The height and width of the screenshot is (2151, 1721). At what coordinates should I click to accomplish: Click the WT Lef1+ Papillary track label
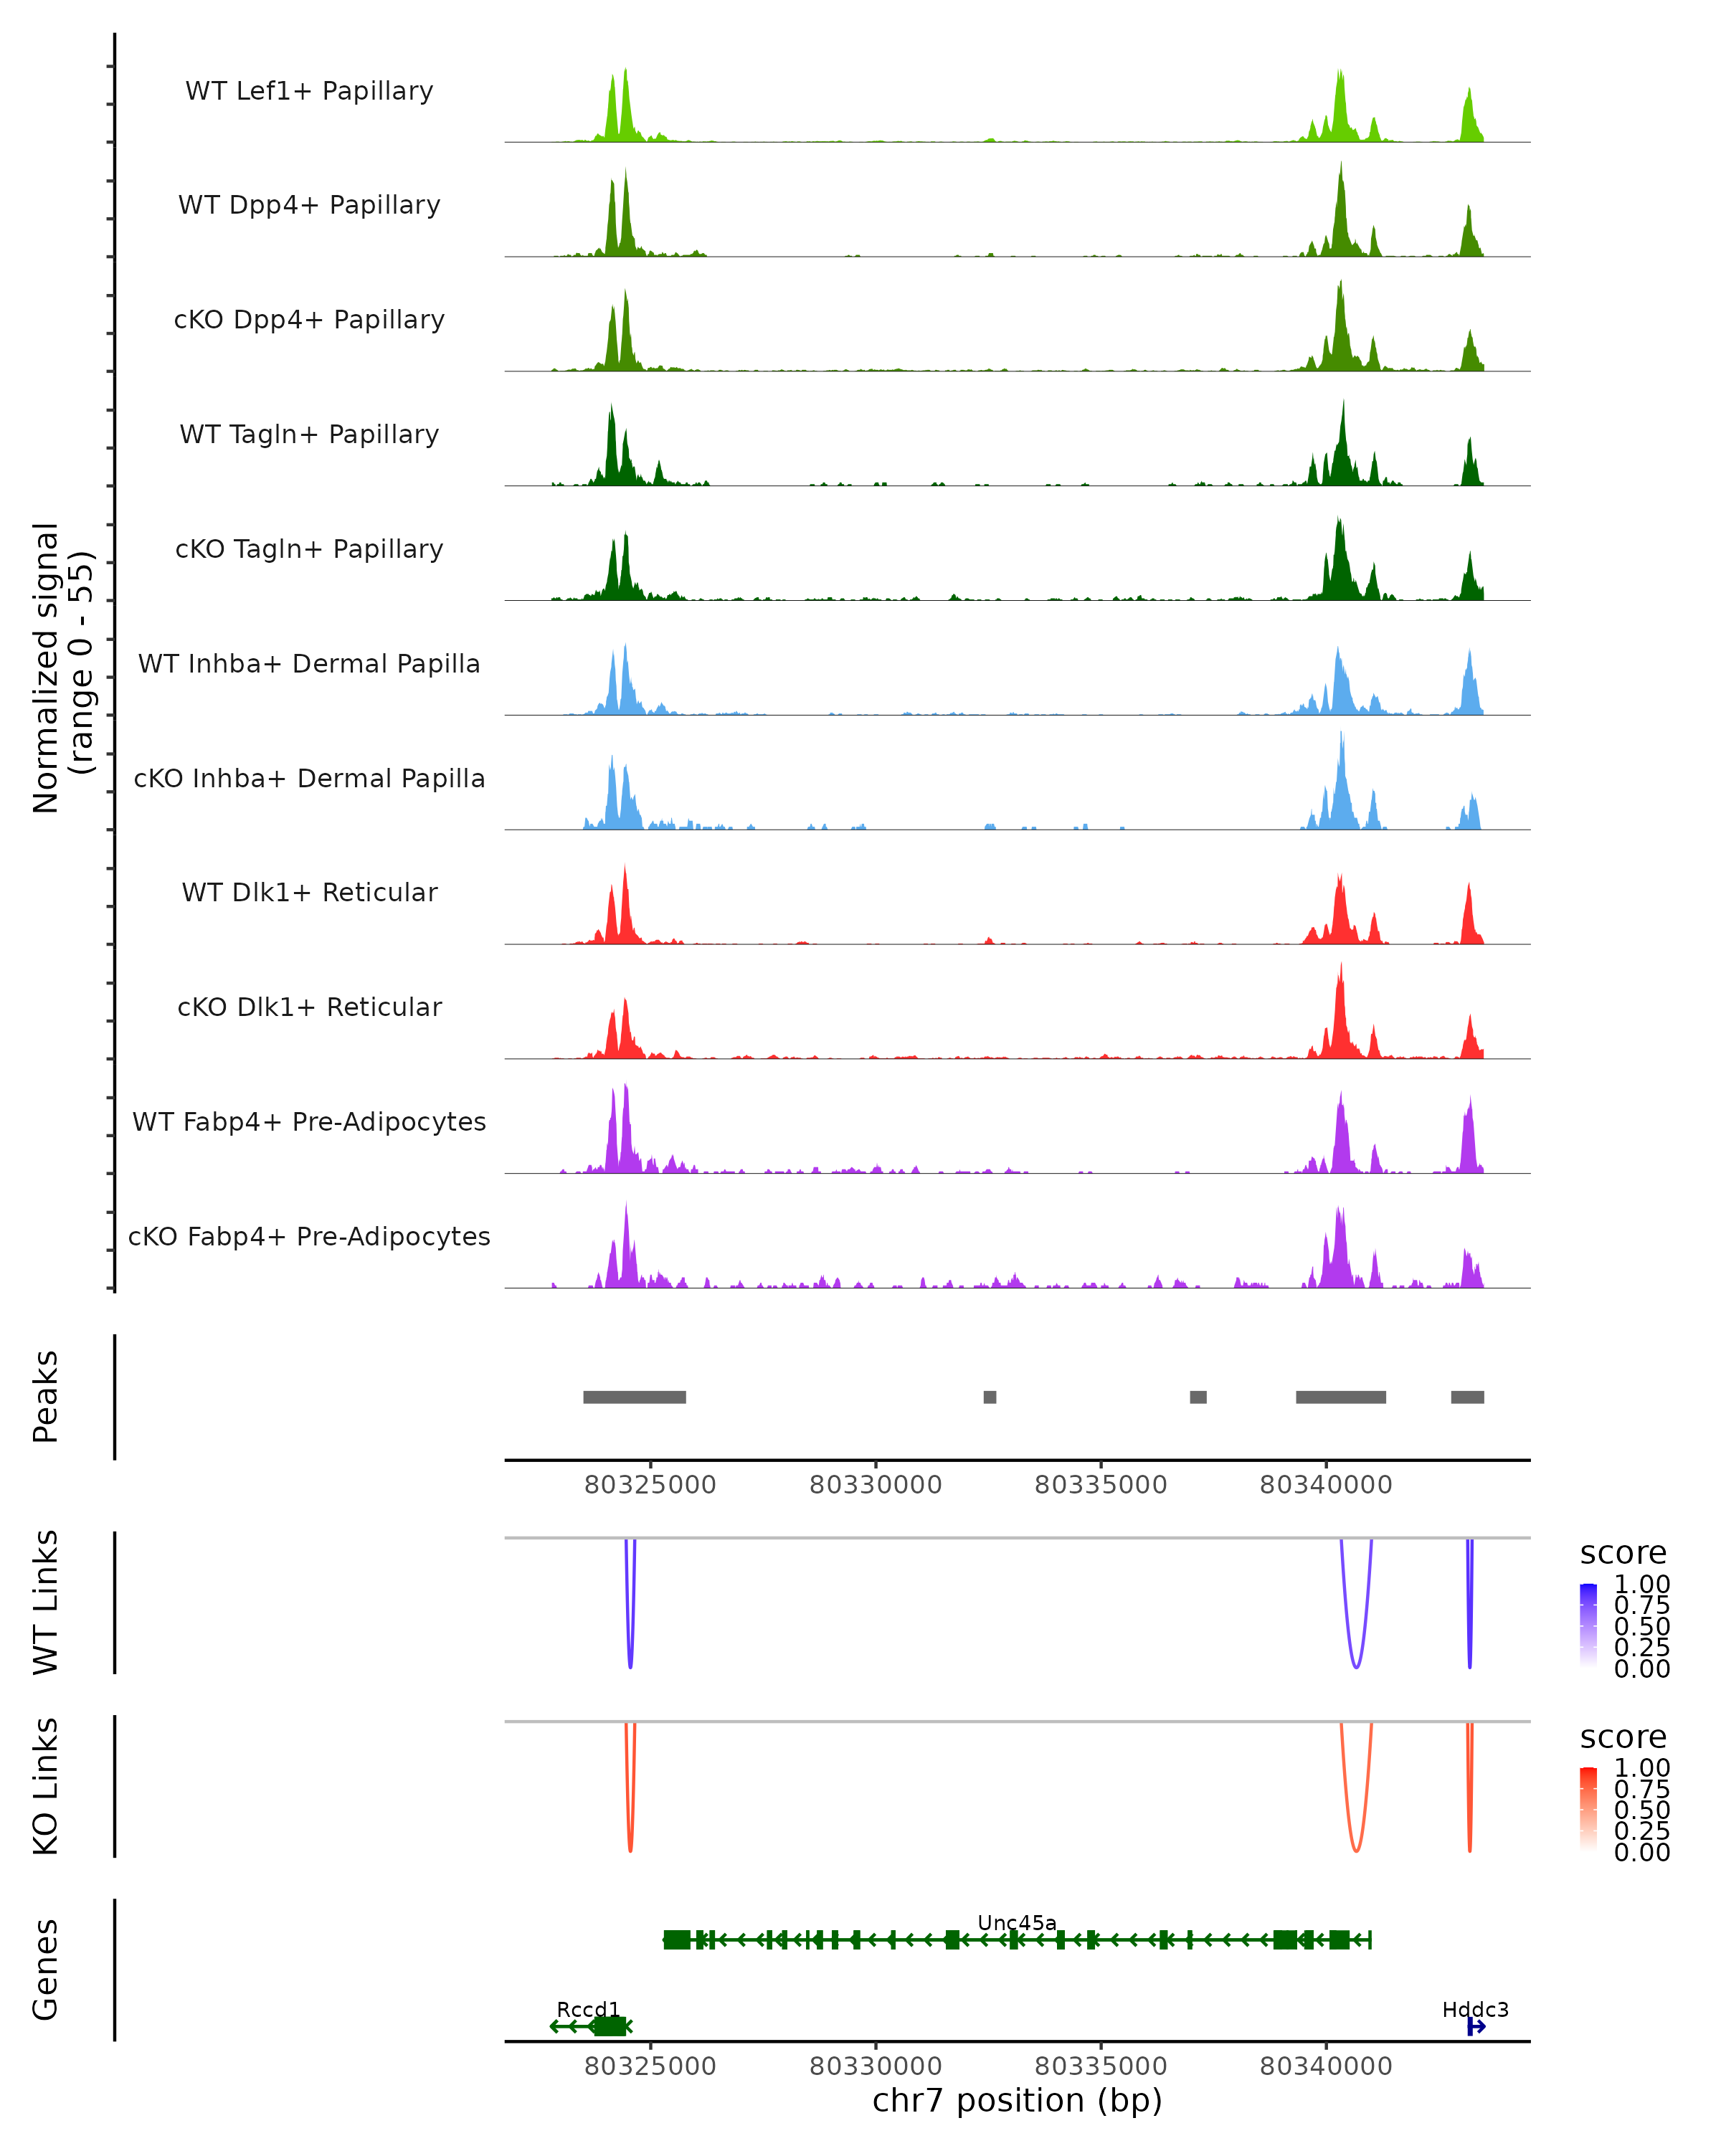(309, 91)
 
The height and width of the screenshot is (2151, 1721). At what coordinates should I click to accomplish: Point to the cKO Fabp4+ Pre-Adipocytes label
(309, 1236)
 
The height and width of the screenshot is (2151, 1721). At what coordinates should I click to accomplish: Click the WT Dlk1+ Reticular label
(309, 892)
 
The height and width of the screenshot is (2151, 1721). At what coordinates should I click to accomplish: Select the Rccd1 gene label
(587, 2009)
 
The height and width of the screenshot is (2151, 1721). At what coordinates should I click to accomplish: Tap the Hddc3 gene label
(1474, 2009)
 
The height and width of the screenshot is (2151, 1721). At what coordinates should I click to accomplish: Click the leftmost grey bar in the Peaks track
(635, 1397)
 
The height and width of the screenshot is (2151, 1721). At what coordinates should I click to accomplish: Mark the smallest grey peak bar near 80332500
(990, 1397)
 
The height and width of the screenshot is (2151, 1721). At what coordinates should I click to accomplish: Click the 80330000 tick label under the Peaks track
(875, 1485)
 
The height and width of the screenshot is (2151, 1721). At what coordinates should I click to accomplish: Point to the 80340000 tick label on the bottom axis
(1325, 2066)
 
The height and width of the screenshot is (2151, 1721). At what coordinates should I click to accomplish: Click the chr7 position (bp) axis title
(1017, 2101)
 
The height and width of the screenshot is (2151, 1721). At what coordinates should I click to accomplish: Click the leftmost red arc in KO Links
(630, 1848)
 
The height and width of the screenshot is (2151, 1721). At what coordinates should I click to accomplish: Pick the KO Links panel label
(46, 1787)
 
